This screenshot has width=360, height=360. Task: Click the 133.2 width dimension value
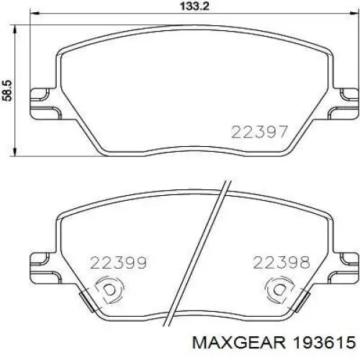coord(194,6)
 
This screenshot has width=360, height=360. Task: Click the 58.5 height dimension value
coord(7,91)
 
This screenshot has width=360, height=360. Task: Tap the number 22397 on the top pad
coord(259,132)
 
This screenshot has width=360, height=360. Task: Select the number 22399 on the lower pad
coord(118,263)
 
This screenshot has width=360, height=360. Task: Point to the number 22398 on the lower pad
coord(282,263)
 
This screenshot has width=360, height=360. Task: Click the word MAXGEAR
coord(239,342)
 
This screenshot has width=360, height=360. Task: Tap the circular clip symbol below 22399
coord(109,290)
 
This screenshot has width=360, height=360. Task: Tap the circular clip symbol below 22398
coord(279,290)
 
